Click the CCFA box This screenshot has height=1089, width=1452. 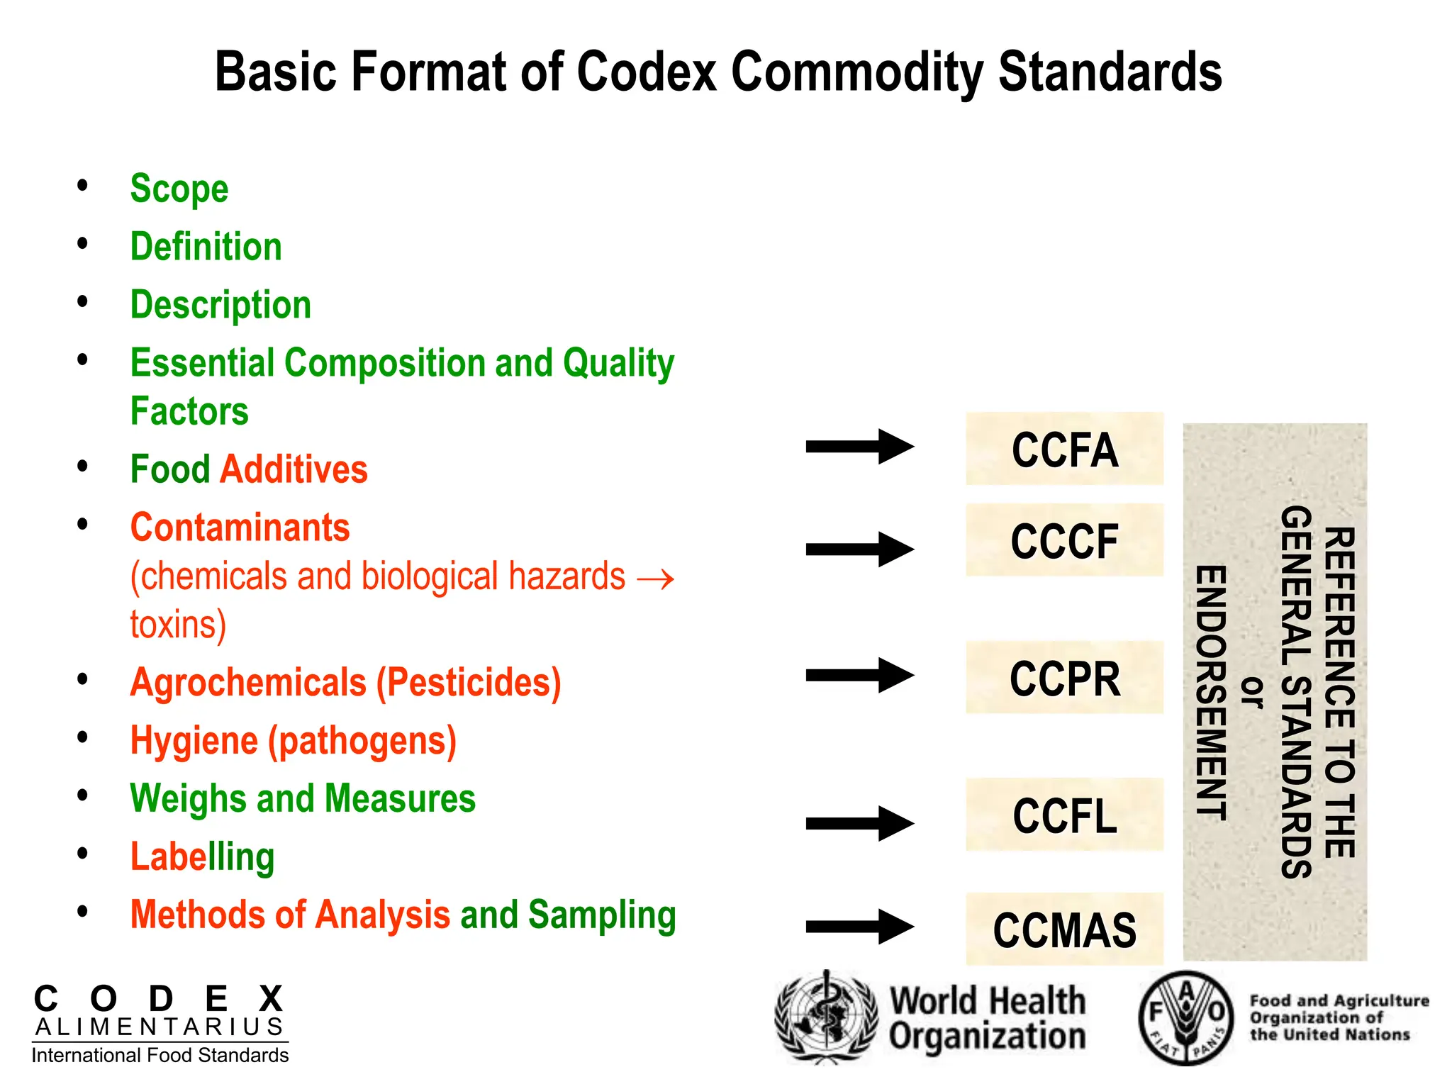coord(1064,449)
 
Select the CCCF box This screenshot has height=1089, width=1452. coord(1064,540)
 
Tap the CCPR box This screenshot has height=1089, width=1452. coord(1064,678)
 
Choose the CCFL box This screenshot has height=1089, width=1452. coord(1064,815)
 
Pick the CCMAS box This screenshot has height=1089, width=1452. coord(1064,929)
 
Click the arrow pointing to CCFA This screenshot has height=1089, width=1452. coord(859,447)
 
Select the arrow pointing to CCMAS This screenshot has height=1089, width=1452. coord(859,926)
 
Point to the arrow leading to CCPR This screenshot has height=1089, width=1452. coord(859,675)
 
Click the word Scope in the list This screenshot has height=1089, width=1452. coord(179,189)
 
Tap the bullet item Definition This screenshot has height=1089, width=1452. coord(206,247)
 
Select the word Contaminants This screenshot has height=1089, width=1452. coord(240,527)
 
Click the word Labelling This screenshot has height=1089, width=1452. coord(202,856)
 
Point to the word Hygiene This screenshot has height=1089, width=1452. coord(194,741)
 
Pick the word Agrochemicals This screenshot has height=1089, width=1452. coord(248,683)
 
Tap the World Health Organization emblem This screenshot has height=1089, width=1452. coord(825,1017)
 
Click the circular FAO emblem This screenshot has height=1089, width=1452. coord(1185,1017)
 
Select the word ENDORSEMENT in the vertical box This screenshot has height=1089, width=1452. coord(1211,692)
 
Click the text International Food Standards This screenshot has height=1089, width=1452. coord(160,1056)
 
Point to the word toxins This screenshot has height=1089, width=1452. coord(177,625)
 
